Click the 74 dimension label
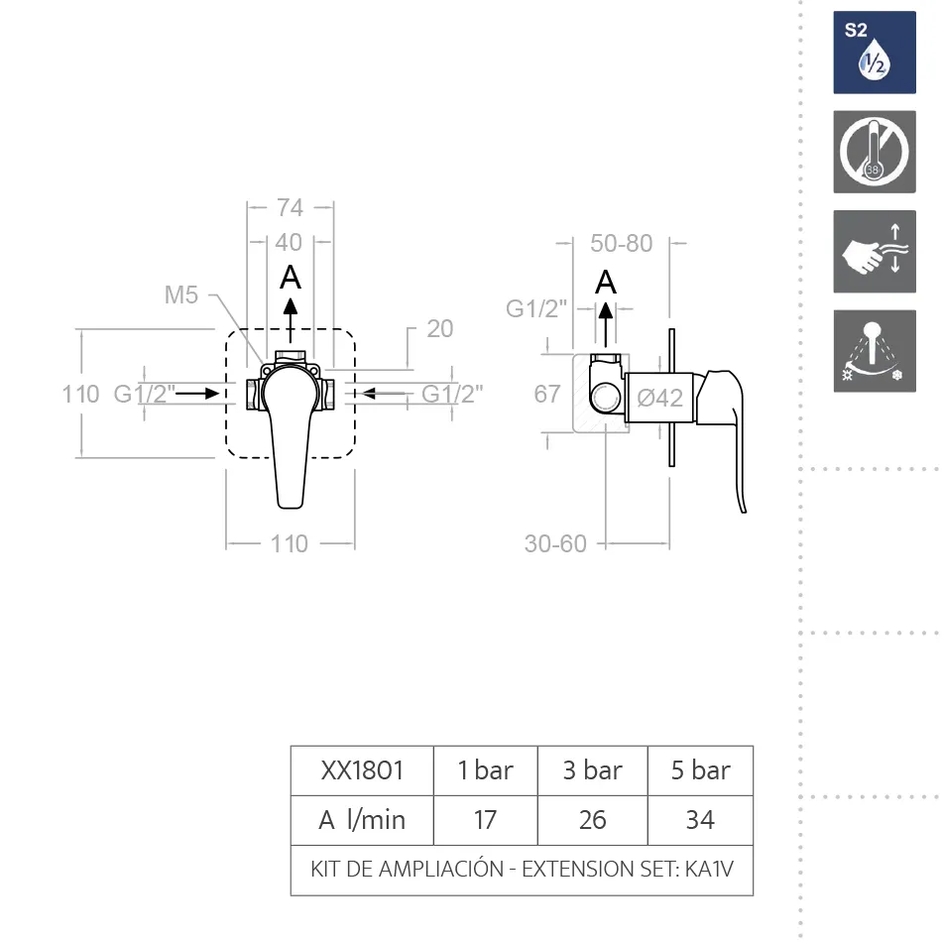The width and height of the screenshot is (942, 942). tap(290, 208)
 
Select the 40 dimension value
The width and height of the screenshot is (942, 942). tap(289, 243)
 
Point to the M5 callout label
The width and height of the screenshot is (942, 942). tap(180, 294)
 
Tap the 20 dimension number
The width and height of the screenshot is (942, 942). tap(439, 328)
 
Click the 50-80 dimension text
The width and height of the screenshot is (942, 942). tap(621, 243)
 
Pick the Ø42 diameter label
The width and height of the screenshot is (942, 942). tap(659, 398)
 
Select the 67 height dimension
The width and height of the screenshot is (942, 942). tap(546, 394)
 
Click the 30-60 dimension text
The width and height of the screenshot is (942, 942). tap(555, 543)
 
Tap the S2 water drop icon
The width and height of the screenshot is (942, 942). tap(875, 53)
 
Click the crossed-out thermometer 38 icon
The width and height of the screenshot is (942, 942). tap(875, 152)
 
